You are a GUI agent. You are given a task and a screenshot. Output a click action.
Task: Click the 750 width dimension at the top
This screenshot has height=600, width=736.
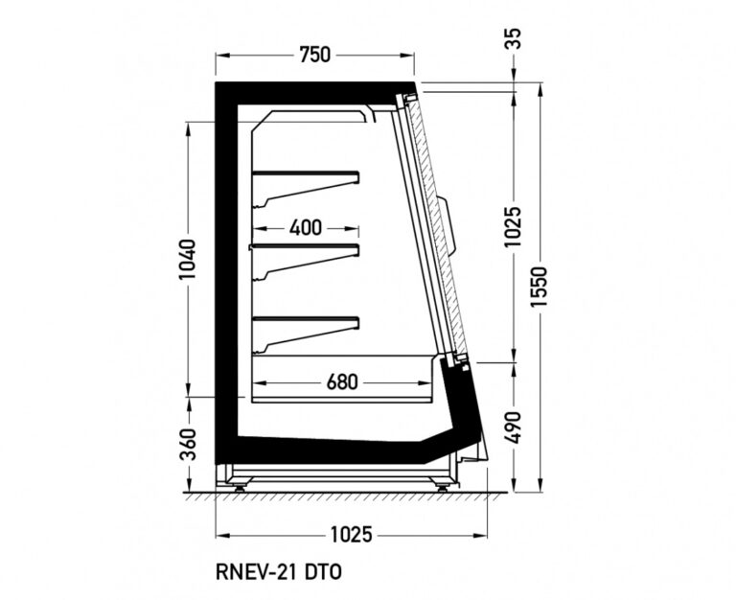coord(314,56)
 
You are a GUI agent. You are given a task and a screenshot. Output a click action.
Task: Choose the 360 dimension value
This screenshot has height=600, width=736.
coord(188,444)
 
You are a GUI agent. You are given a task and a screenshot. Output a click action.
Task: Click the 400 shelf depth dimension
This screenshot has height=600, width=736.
coord(305,228)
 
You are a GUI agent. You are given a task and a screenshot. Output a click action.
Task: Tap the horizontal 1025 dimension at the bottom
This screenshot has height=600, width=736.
coord(351,534)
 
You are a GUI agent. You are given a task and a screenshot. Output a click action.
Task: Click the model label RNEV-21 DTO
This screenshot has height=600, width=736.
coord(279,572)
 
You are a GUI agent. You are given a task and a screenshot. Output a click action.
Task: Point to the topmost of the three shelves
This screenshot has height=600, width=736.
coord(305,175)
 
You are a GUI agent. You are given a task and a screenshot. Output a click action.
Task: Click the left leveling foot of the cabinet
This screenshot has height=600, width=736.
coord(238,486)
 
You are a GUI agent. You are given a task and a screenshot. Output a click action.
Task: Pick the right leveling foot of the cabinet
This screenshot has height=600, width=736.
coord(442,486)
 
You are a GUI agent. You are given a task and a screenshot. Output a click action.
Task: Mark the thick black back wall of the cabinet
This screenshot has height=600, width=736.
coord(225,268)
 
